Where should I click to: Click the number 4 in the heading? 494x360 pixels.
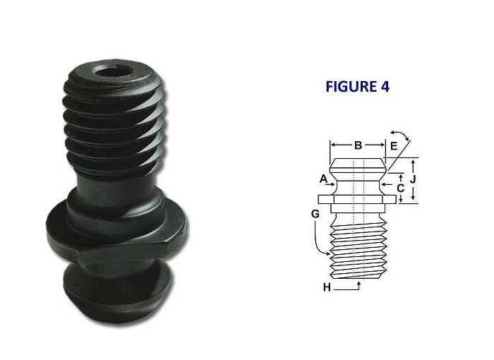pyautogui.click(x=384, y=87)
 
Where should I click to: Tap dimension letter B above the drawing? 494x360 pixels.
pyautogui.click(x=358, y=145)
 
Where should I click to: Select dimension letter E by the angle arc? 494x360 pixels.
pyautogui.click(x=394, y=146)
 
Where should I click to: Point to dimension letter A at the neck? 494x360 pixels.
pyautogui.click(x=323, y=179)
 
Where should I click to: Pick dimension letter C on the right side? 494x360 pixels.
pyautogui.click(x=400, y=188)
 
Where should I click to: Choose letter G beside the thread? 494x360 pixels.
pyautogui.click(x=315, y=212)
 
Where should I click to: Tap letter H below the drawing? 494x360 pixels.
pyautogui.click(x=327, y=287)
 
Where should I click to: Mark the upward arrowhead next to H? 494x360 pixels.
pyautogui.click(x=360, y=283)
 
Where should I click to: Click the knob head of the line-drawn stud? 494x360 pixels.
pyautogui.click(x=359, y=167)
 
